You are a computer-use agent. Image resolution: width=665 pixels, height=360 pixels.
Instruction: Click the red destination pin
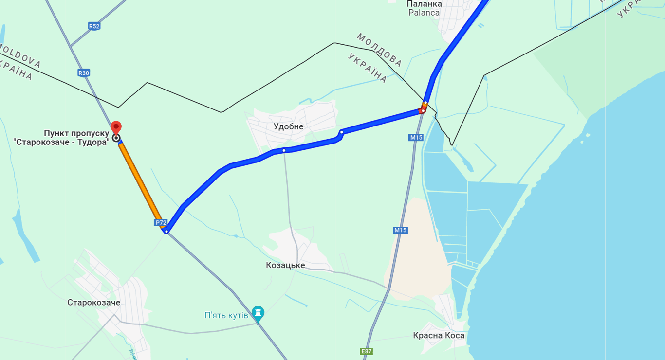[x=116, y=127]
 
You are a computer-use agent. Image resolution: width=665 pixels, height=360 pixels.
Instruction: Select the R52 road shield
[x=94, y=26]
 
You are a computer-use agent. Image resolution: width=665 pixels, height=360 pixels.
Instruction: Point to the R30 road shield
[x=84, y=73]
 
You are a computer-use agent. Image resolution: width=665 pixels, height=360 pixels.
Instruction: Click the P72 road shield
[x=161, y=223]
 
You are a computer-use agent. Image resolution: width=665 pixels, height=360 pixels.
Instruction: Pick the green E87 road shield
[x=367, y=351]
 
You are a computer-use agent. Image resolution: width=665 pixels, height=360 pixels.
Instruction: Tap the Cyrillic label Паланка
[x=425, y=4]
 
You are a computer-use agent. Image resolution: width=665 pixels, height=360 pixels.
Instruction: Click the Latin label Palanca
[x=424, y=13]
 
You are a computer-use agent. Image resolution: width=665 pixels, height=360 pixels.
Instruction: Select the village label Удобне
[x=288, y=126]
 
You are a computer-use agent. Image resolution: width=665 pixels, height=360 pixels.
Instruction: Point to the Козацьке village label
[x=285, y=265]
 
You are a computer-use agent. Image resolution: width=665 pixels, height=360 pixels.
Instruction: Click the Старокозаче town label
[x=93, y=303]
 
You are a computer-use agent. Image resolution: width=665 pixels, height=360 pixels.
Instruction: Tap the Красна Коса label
[x=439, y=336]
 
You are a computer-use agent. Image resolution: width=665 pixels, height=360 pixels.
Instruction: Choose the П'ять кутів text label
[x=226, y=315]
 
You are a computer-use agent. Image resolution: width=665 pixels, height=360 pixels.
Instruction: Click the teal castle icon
[x=258, y=311]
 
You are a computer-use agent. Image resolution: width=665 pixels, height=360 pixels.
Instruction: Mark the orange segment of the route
[x=141, y=182]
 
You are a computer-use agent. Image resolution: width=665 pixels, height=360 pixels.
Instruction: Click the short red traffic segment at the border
[x=422, y=110]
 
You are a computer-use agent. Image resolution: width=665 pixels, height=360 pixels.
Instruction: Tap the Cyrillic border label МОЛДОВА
[x=379, y=50]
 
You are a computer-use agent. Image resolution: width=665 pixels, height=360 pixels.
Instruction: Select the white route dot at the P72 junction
[x=166, y=232]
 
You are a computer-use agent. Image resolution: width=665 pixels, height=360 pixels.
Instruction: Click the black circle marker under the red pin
[x=116, y=138]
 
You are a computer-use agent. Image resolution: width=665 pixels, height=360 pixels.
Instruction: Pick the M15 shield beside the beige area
[x=400, y=230]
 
